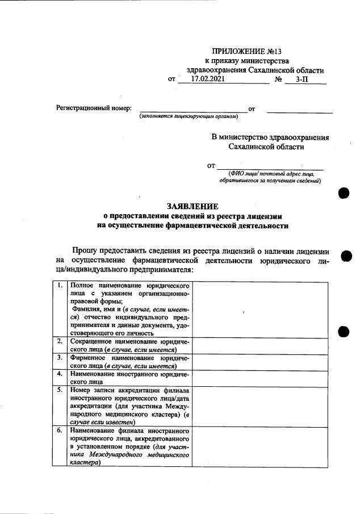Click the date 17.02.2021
coord(208,80)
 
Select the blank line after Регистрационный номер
coord(193,108)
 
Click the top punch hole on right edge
coord(343,193)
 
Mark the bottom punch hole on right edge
coord(343,332)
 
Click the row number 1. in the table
coord(60,285)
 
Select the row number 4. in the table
coord(60,374)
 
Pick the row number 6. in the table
coord(60,431)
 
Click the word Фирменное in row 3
coord(88,358)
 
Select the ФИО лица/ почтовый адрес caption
coord(270,174)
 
